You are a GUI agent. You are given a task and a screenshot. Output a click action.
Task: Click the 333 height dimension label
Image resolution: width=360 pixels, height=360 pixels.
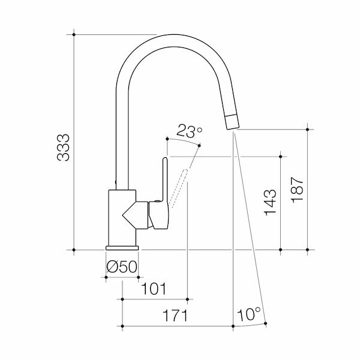click(x=63, y=147)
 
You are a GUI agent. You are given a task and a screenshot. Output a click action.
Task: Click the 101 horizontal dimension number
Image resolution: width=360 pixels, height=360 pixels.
click(x=154, y=288)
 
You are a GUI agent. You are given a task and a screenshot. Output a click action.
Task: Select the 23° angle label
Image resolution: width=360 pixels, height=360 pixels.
click(x=190, y=130)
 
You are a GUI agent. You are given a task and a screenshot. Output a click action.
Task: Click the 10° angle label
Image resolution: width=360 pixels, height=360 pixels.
click(x=248, y=314)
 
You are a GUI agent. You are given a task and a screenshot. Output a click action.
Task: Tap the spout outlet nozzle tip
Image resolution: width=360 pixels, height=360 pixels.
click(x=232, y=121)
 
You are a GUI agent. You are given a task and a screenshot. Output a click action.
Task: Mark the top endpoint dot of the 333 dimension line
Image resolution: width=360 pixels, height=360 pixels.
click(x=74, y=35)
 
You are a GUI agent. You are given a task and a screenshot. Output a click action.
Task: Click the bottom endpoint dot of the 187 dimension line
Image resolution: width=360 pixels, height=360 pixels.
click(x=307, y=249)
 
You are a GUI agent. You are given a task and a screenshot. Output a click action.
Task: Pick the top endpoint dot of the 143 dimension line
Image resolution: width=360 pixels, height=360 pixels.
click(x=280, y=156)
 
